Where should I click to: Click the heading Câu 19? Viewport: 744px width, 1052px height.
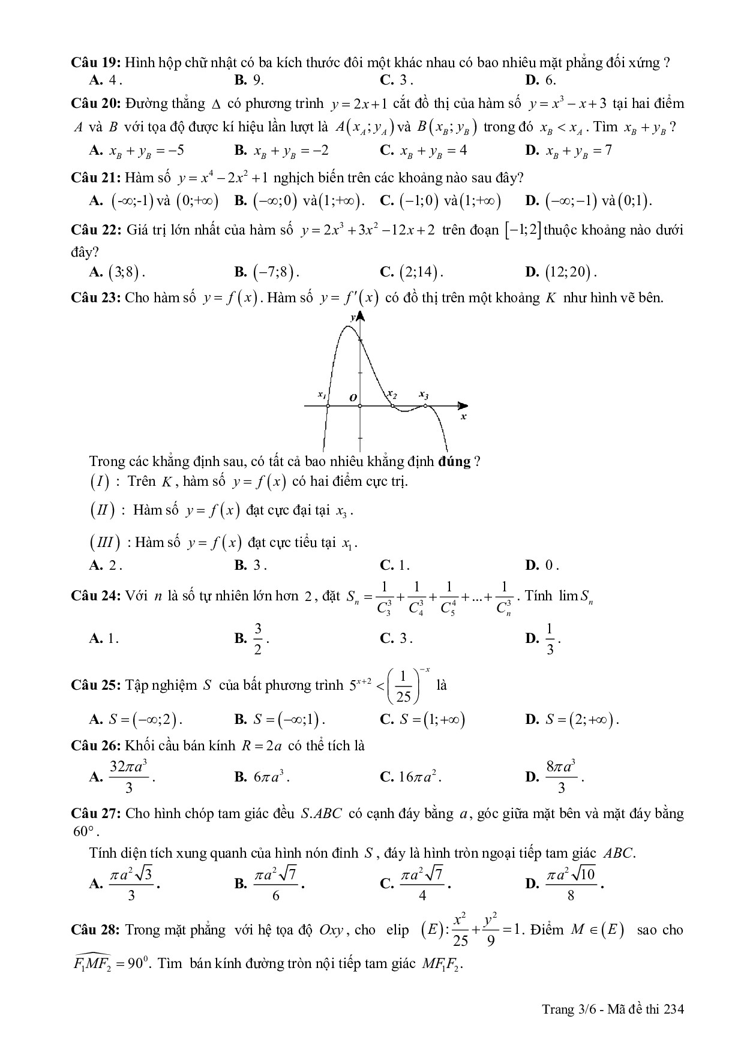[x=96, y=62]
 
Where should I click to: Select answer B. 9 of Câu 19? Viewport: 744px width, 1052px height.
[x=249, y=80]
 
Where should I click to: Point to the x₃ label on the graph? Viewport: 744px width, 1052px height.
[x=424, y=395]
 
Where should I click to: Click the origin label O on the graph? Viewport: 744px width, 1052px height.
[x=353, y=397]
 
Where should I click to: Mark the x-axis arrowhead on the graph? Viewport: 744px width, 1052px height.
[x=463, y=406]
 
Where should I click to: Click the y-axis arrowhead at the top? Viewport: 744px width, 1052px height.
[x=360, y=316]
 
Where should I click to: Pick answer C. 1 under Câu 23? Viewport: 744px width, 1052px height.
[x=395, y=565]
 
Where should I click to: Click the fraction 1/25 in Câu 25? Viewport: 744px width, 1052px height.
[x=403, y=685]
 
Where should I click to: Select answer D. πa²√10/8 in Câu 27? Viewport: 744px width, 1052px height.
[x=570, y=883]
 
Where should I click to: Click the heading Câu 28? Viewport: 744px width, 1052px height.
[x=96, y=930]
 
